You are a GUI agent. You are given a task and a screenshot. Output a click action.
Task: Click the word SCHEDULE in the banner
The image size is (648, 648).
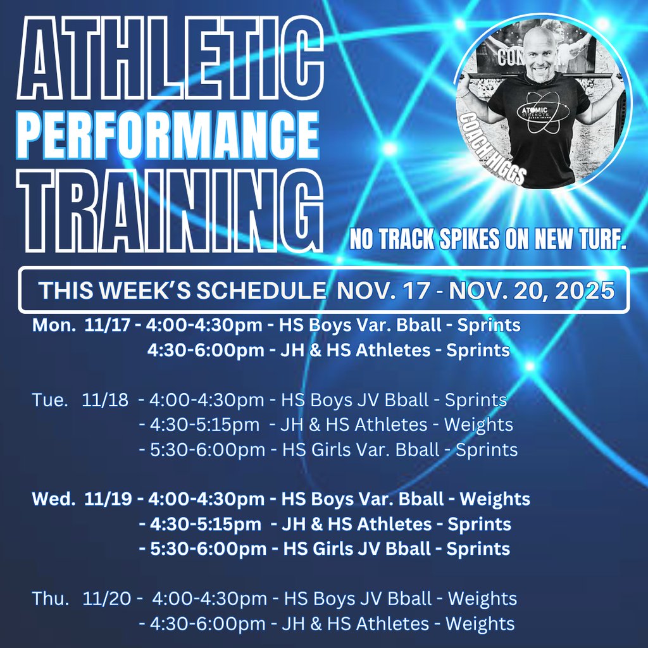[261, 290]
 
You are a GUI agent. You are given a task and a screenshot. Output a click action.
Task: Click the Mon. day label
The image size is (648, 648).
[54, 326]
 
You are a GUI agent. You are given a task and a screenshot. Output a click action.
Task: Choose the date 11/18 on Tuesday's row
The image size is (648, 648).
[104, 400]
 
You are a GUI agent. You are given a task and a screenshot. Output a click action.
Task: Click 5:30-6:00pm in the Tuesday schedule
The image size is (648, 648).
[208, 450]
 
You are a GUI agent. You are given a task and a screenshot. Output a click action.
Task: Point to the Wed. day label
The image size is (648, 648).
[54, 499]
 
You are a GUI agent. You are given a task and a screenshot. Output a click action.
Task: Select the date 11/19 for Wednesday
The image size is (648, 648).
[108, 499]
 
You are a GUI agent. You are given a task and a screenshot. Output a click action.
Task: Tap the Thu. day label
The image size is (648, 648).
[51, 599]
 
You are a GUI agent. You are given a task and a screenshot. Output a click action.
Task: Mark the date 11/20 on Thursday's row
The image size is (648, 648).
[106, 599]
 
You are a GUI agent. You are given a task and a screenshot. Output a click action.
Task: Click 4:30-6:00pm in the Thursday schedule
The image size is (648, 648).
[208, 624]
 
